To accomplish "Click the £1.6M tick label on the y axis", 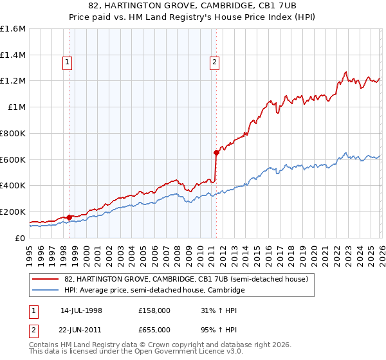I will (x=13, y=29).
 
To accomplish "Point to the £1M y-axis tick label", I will (x=16, y=107).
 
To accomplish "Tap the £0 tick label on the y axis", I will (x=21, y=238).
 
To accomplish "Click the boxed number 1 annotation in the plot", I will (x=68, y=62).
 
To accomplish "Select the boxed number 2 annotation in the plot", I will (x=214, y=62).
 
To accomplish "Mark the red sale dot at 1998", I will (x=69, y=217).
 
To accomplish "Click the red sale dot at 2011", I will (x=216, y=152).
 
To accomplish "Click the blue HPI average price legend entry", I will (x=154, y=291).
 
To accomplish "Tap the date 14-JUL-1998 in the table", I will (x=81, y=310).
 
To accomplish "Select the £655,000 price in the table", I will (x=154, y=329).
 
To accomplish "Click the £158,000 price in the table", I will (x=154, y=310).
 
